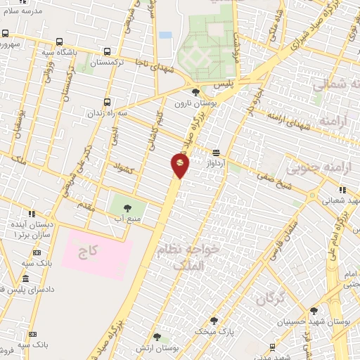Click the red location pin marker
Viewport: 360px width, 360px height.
tap(180, 165)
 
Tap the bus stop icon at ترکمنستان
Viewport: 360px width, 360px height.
tap(107, 51)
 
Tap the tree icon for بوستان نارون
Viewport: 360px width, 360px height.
tap(195, 91)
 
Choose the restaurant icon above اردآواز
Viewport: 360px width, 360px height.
tap(215, 153)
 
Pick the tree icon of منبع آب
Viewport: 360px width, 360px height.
tap(127, 208)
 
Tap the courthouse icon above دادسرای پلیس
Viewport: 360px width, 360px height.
tap(36, 278)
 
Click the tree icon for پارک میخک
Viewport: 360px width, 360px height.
tap(214, 320)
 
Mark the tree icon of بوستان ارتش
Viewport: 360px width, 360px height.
tap(157, 337)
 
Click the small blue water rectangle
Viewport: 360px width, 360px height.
tap(165, 34)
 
